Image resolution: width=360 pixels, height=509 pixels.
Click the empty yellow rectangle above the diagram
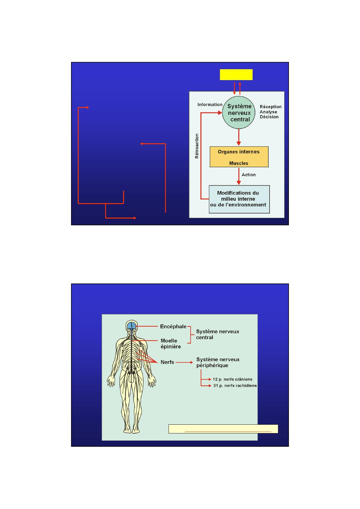click(236, 75)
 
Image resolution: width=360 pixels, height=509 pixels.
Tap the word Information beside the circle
click(210, 105)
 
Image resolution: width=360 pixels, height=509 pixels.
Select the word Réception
click(270, 107)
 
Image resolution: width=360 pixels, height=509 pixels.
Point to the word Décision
click(269, 117)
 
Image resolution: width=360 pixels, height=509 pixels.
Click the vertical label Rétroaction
click(197, 146)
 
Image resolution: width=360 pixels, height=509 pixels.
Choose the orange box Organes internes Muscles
click(239, 157)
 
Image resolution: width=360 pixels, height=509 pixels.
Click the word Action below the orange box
click(249, 175)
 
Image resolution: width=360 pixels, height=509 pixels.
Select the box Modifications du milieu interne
click(239, 199)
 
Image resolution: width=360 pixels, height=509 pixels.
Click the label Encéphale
click(173, 326)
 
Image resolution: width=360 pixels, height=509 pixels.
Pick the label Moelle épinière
click(171, 344)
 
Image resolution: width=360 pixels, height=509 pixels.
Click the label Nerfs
click(167, 362)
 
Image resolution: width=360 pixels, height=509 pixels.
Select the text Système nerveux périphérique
click(218, 362)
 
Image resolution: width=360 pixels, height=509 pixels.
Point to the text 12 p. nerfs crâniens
click(232, 379)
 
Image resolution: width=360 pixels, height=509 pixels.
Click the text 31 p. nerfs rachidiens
click(235, 386)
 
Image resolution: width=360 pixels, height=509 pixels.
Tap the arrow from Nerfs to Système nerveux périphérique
click(184, 362)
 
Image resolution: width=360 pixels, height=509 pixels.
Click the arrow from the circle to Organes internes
click(239, 138)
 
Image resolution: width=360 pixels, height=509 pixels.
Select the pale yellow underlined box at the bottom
click(223, 429)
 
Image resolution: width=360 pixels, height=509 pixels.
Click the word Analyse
click(268, 112)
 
